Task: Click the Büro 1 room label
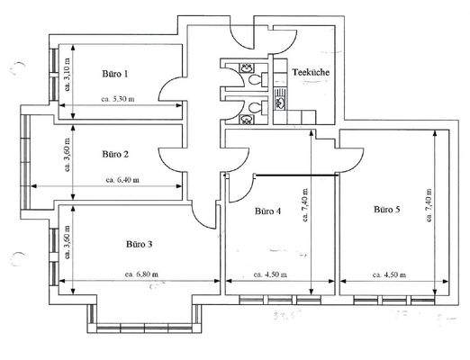tap(114, 74)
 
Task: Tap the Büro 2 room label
tap(116, 153)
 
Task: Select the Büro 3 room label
tap(139, 243)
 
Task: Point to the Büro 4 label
tap(267, 212)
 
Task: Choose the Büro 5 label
tap(386, 209)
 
